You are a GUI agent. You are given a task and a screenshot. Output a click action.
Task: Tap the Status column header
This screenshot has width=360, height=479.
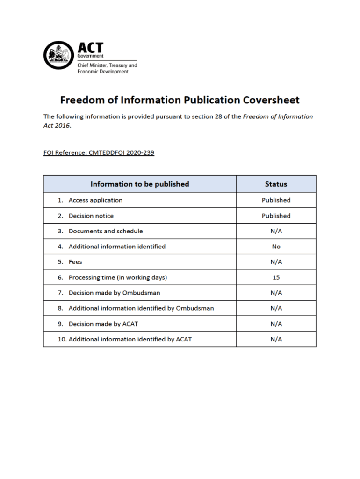(x=276, y=184)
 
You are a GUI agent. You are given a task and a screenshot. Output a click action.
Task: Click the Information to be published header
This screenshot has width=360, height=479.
(x=140, y=184)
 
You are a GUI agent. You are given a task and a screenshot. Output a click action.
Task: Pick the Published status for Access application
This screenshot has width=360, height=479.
(x=276, y=200)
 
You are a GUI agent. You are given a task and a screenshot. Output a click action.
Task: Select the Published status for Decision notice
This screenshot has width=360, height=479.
(x=276, y=216)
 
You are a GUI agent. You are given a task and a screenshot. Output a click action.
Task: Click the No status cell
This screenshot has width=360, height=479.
(x=276, y=247)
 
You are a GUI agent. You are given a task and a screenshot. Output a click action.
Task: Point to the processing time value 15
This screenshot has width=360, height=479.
(x=276, y=277)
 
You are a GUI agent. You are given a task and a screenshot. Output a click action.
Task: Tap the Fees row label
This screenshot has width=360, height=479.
(x=75, y=262)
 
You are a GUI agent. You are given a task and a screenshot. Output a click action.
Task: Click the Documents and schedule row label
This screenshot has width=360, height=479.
(x=106, y=231)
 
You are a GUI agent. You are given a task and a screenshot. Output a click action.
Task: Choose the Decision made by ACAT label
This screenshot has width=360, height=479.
(x=103, y=324)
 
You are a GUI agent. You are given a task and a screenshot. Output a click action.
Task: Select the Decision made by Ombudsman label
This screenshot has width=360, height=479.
(x=115, y=293)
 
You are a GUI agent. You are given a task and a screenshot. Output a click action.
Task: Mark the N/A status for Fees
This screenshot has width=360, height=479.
(x=276, y=262)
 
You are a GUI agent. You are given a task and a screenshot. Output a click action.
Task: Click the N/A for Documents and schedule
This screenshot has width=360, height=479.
(x=276, y=231)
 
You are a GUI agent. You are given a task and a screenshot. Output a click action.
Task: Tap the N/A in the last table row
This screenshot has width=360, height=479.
(x=276, y=339)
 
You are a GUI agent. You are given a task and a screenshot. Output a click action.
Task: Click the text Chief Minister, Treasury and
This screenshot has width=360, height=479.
(x=107, y=65)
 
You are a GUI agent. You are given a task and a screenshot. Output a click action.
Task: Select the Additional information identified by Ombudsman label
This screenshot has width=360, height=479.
(x=141, y=308)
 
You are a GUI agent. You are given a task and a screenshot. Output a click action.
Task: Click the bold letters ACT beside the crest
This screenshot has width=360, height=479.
(x=90, y=48)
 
